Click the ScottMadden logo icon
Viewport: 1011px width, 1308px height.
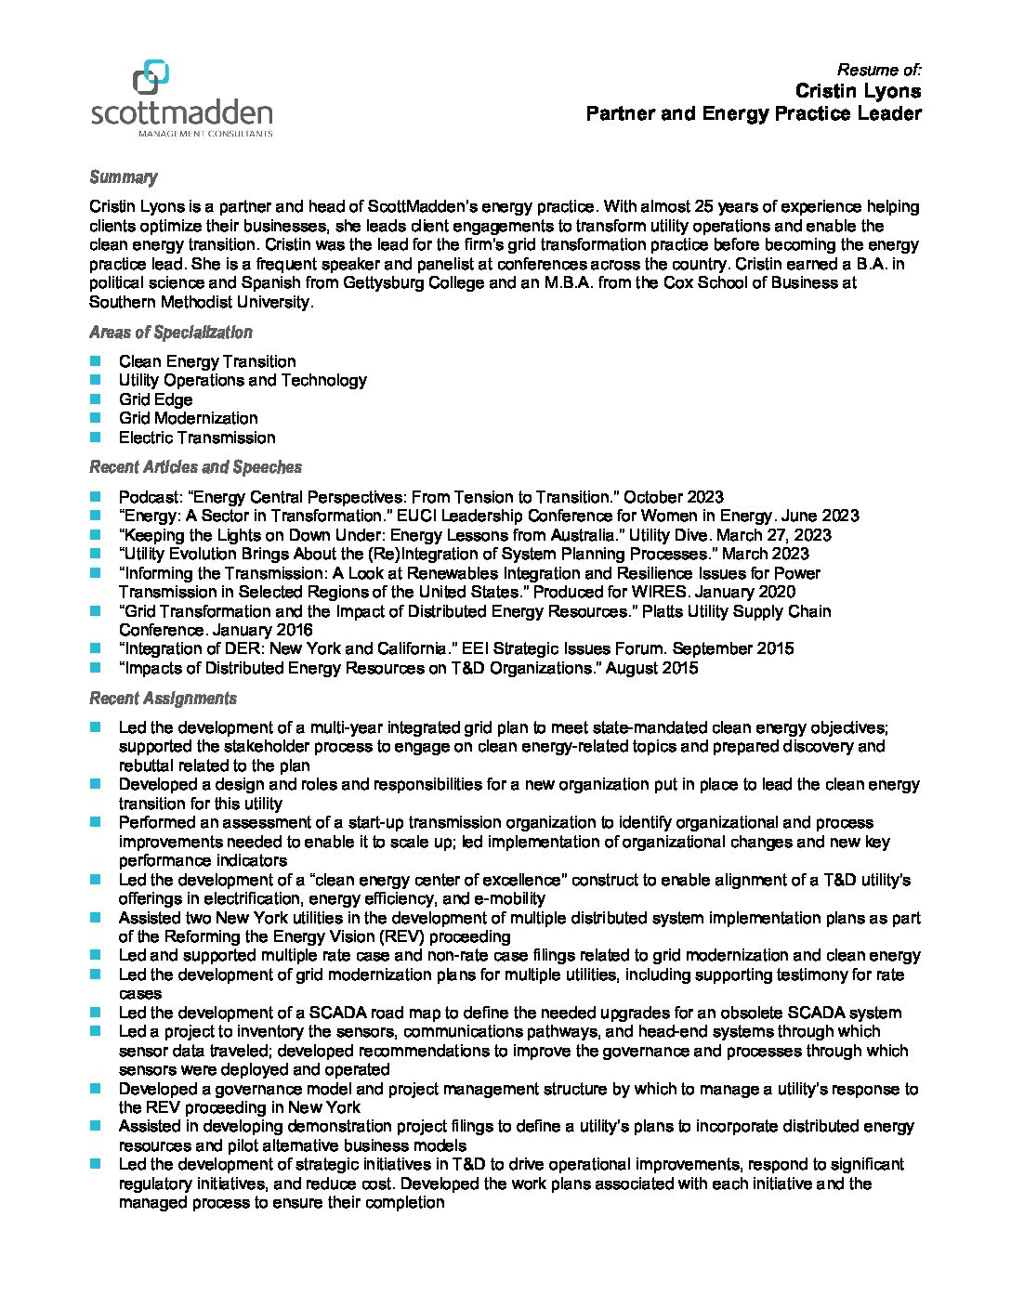[151, 77]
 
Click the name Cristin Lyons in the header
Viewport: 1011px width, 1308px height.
[858, 91]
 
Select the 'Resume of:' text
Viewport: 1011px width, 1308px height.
[879, 70]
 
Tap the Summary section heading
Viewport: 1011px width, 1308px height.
[123, 177]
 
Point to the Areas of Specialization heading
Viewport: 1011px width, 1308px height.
[170, 333]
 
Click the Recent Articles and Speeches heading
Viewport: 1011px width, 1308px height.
[195, 467]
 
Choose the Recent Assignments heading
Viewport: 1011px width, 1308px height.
[163, 699]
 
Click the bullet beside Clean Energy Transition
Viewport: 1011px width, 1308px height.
[96, 361]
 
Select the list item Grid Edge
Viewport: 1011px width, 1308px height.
[155, 399]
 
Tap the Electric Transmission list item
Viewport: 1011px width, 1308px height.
[197, 438]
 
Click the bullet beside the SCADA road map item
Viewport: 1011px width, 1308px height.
[96, 1013]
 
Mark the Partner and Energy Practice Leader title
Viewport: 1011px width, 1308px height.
[753, 114]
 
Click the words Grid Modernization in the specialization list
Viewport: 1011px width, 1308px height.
[188, 418]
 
